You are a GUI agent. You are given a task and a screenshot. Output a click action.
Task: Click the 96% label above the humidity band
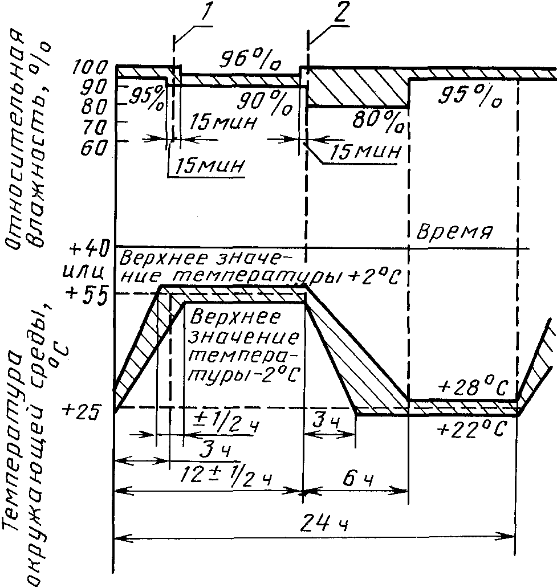(250, 59)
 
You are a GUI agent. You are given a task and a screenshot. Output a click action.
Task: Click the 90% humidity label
(265, 103)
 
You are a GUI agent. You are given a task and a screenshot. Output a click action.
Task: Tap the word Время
(454, 232)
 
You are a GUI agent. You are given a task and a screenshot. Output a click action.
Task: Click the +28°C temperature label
(473, 387)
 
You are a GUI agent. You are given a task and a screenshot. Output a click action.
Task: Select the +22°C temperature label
(472, 428)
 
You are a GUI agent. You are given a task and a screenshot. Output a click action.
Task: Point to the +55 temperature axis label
(86, 292)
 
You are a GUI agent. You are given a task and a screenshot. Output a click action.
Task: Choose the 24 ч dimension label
(324, 523)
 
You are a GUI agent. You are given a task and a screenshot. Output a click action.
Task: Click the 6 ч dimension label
(357, 479)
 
